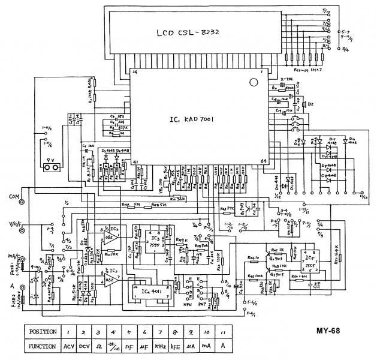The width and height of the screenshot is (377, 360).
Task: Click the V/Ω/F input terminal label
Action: click(10, 224)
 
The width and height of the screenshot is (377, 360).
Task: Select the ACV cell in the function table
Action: click(68, 346)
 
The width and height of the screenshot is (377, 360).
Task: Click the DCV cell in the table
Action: click(84, 346)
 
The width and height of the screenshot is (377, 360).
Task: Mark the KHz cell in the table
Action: click(159, 346)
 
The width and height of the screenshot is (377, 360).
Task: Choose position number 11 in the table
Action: click(224, 331)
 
